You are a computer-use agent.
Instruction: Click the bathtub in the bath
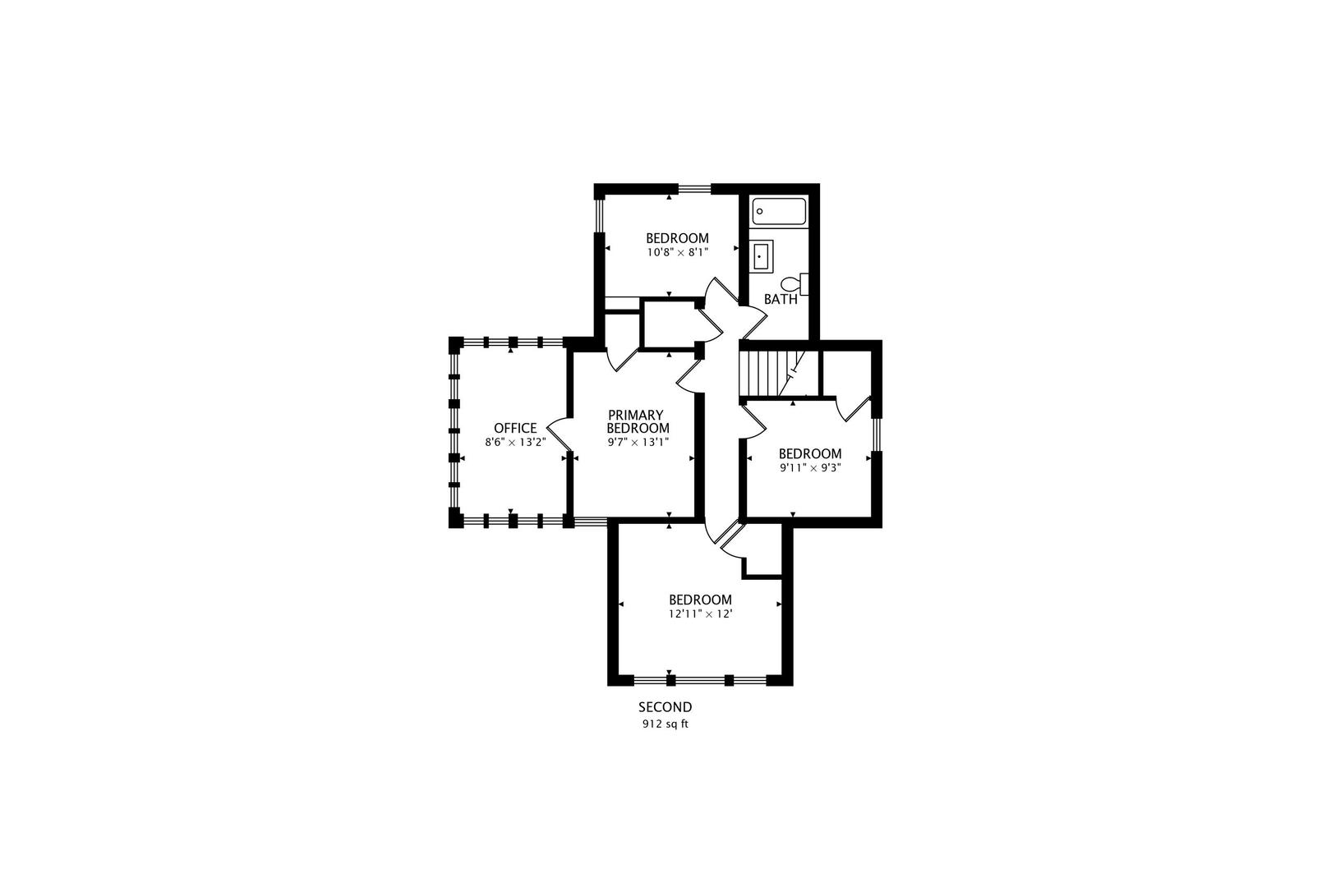click(x=779, y=212)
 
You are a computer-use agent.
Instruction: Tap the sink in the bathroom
click(x=761, y=256)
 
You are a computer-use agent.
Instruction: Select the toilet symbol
click(x=794, y=284)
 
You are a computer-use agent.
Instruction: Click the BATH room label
click(x=781, y=300)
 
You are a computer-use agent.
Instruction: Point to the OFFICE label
click(x=515, y=429)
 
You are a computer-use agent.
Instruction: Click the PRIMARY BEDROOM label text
click(x=638, y=421)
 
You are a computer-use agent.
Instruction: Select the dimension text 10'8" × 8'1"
click(x=677, y=252)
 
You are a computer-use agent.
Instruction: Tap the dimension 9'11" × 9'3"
click(x=810, y=467)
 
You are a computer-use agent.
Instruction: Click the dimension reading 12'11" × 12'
click(x=700, y=614)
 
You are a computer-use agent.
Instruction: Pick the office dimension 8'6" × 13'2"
click(x=515, y=442)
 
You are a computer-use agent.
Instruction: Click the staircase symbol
click(x=772, y=373)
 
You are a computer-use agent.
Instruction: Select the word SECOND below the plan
click(x=665, y=707)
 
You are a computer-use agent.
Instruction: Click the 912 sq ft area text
click(x=665, y=724)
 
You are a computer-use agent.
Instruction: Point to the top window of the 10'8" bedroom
click(x=694, y=190)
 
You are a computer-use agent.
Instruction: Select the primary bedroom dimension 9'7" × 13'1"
click(x=638, y=442)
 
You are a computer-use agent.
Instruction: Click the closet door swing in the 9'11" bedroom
click(x=851, y=409)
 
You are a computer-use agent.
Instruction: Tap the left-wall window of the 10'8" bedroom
click(x=599, y=215)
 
